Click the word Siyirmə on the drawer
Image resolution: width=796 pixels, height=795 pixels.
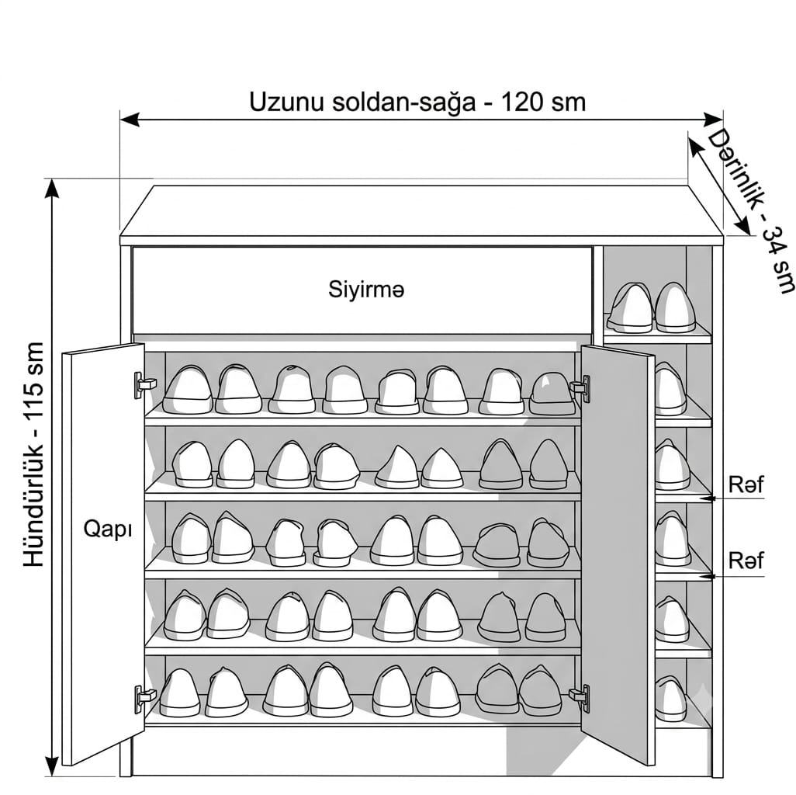(x=366, y=289)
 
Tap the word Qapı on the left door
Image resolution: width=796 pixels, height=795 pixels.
(x=108, y=529)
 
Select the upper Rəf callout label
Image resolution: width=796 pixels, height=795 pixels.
(x=746, y=484)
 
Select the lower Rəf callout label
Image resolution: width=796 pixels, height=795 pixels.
(x=746, y=561)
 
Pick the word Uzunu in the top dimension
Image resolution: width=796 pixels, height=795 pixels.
(x=286, y=102)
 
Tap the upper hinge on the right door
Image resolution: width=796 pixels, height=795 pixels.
(x=580, y=388)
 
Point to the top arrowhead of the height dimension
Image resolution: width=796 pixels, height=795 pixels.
(x=52, y=189)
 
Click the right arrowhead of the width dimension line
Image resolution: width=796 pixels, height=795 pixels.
(x=714, y=120)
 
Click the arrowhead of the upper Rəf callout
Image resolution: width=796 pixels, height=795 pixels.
(x=707, y=498)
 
